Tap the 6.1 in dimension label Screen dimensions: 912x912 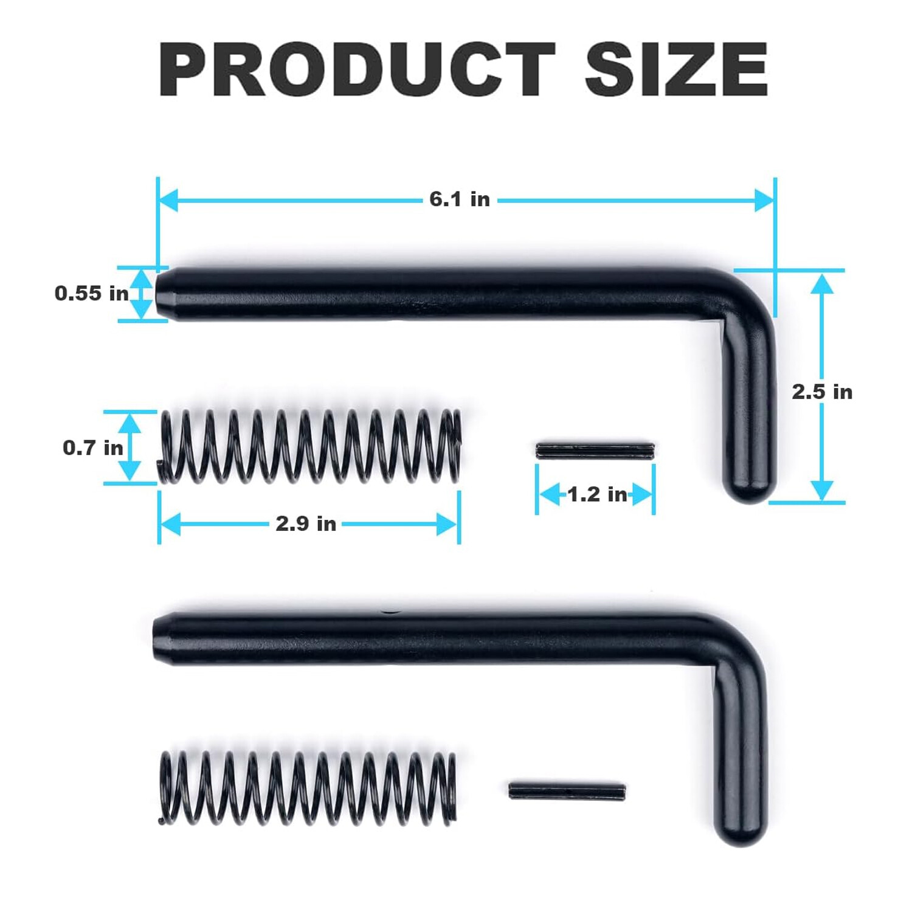tap(459, 199)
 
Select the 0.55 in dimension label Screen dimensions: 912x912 tap(91, 294)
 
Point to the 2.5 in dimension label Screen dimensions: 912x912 tap(821, 392)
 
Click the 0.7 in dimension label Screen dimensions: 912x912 tap(92, 448)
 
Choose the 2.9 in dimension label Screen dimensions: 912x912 tap(306, 523)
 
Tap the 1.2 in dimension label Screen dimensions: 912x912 tap(596, 494)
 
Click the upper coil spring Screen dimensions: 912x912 tap(309, 447)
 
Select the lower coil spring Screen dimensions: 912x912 tap(307, 788)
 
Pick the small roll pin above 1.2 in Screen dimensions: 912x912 tap(595, 451)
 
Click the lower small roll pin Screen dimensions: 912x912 tap(567, 791)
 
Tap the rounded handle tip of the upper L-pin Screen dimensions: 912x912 tap(750, 486)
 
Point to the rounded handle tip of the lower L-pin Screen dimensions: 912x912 tap(741, 830)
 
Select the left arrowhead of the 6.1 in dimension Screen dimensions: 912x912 tap(167, 199)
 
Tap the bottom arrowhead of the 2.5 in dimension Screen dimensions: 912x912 tap(821, 489)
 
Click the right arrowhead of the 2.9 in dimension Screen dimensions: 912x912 tap(447, 524)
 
